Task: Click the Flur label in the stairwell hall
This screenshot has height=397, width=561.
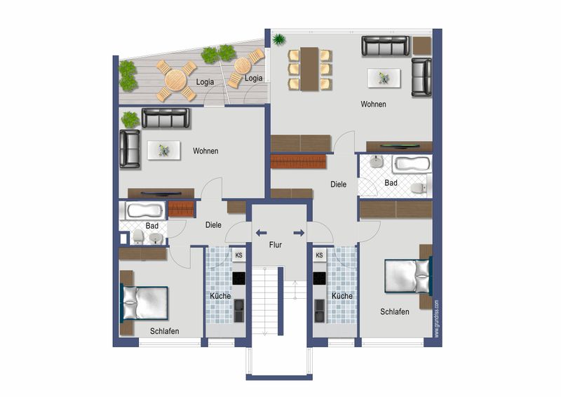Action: (x=275, y=245)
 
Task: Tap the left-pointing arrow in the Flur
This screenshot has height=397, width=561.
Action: (x=261, y=233)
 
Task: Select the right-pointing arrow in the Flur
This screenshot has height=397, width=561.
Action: (x=299, y=233)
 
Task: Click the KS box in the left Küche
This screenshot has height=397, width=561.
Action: (x=238, y=255)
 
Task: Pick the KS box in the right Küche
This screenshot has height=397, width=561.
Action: (x=320, y=255)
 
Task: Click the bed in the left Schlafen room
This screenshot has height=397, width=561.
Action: (x=144, y=302)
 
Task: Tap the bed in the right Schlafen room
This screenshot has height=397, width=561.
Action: (x=408, y=276)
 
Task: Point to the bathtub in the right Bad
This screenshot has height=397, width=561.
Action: (x=412, y=164)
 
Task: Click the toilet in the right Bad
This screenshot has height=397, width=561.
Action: (x=419, y=187)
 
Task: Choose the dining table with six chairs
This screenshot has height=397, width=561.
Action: (x=309, y=69)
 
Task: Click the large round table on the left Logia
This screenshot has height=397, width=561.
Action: (x=176, y=81)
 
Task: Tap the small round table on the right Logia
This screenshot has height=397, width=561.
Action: (x=243, y=65)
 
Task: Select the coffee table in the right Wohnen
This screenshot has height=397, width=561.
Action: (x=384, y=78)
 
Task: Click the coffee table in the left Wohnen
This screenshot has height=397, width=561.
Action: (x=163, y=150)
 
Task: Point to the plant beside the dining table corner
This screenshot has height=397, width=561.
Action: (x=278, y=39)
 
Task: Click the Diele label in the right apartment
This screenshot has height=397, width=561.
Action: (x=338, y=184)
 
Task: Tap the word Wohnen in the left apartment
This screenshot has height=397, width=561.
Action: (x=205, y=151)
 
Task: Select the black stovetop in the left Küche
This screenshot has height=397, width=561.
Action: (x=239, y=278)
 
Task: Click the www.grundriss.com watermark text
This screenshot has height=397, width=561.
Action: (x=436, y=319)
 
